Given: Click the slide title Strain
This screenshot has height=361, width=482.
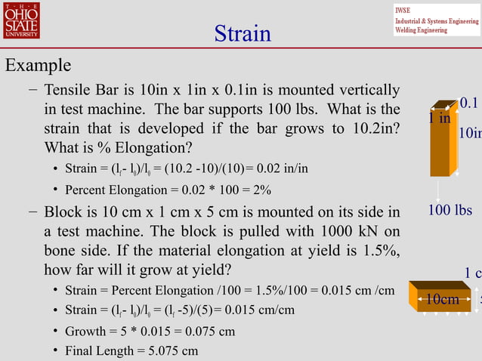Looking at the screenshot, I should tap(242, 34).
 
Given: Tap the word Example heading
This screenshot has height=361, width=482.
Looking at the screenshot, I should tap(39, 66).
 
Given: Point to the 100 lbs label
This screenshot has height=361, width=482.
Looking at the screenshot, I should tap(450, 209).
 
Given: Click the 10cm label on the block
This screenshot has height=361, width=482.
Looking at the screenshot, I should tap(442, 300).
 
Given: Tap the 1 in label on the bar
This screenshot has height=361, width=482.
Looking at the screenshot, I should tap(439, 119).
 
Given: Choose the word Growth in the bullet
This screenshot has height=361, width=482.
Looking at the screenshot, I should tap(85, 331).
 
